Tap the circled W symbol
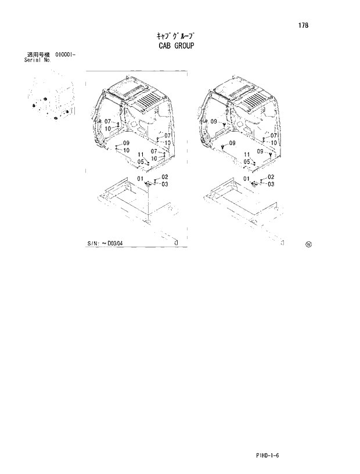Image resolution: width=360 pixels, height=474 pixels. [308, 244]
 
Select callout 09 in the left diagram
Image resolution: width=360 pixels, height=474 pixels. [126, 143]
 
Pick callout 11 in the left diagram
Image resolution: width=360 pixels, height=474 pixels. [141, 154]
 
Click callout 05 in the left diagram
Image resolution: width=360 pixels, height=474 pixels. [141, 161]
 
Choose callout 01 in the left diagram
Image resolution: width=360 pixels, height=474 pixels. [140, 178]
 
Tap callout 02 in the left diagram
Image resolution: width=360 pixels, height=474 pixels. [165, 176]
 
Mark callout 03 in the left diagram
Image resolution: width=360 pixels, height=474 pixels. [165, 184]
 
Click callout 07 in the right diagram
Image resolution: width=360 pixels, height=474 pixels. [273, 135]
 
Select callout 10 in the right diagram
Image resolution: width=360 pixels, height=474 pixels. [273, 143]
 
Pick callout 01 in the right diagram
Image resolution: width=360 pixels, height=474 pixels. [246, 178]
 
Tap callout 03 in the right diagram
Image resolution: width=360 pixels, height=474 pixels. [271, 184]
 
